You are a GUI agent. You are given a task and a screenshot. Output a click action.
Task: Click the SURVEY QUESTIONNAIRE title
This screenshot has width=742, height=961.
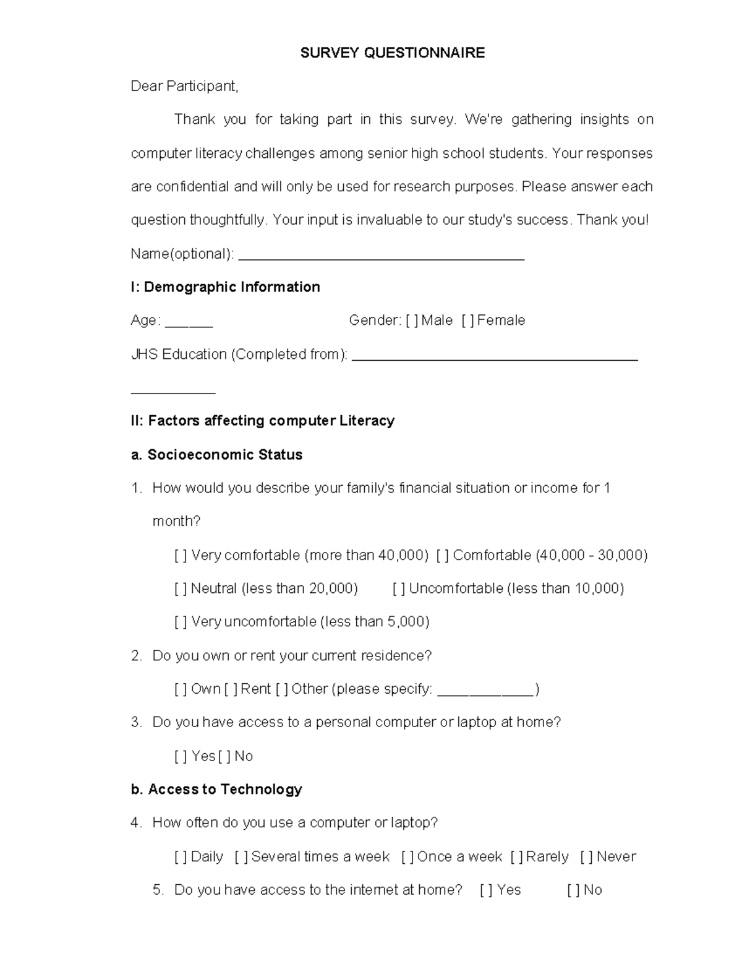pos(392,53)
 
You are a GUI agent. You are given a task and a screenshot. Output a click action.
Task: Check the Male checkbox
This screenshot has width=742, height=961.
pos(412,321)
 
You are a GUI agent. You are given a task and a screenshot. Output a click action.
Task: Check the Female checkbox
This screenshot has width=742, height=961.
pos(468,321)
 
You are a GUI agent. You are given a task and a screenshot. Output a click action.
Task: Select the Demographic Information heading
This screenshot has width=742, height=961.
pos(225,287)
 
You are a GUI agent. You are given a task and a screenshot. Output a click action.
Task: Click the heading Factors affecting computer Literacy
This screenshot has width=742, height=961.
pos(262,421)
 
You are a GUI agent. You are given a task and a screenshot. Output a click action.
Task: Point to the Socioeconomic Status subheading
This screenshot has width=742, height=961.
pos(216,455)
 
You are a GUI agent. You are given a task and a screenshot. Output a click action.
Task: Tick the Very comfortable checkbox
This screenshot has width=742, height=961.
pos(181,556)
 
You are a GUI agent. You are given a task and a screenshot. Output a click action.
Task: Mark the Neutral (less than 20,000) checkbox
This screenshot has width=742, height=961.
pos(181,588)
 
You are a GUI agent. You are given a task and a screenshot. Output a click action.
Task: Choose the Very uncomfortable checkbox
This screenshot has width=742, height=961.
pos(181,622)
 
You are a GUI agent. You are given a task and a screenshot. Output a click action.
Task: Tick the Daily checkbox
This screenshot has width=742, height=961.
pos(181,857)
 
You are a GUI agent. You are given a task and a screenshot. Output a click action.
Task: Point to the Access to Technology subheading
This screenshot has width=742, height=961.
pos(216,790)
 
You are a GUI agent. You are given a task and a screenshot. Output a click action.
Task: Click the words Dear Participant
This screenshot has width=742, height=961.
pos(184,87)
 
